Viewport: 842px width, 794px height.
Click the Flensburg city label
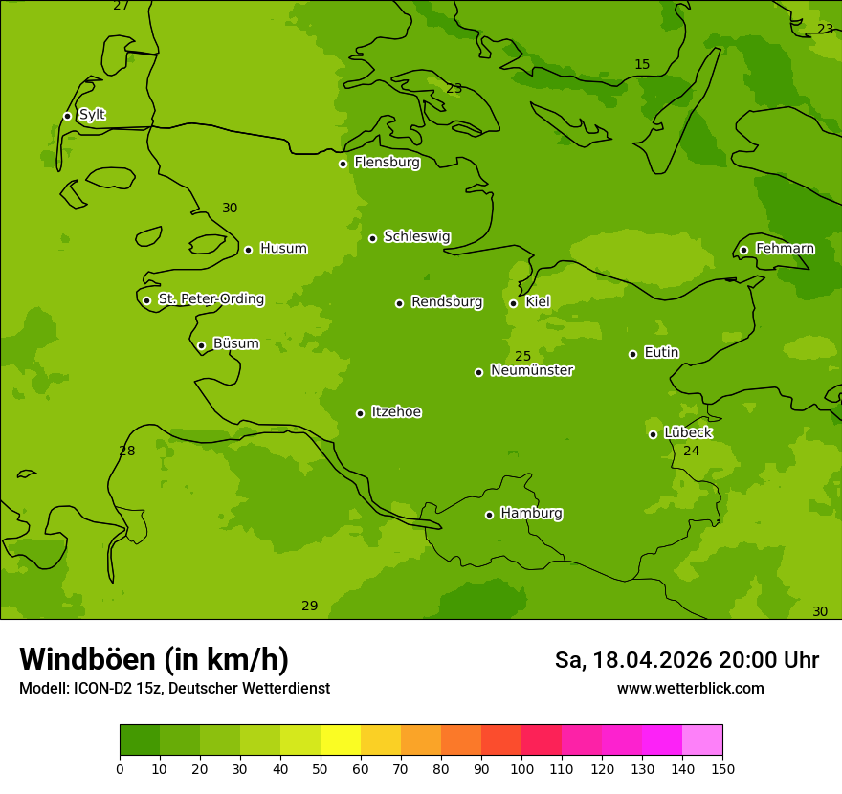(x=387, y=163)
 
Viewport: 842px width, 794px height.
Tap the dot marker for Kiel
(x=513, y=303)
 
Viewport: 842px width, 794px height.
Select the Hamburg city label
(x=531, y=514)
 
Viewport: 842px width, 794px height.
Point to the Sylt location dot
(x=67, y=116)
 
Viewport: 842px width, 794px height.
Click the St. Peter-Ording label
(x=210, y=299)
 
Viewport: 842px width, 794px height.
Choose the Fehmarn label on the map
(x=785, y=249)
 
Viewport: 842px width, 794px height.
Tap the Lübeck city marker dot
(x=653, y=434)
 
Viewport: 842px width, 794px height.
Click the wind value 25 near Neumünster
(x=522, y=357)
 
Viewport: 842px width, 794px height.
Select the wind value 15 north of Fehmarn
(x=642, y=65)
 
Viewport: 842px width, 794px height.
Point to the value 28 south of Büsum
(x=127, y=451)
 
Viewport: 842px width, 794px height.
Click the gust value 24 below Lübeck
(x=691, y=451)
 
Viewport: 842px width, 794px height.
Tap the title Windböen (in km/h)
(x=154, y=659)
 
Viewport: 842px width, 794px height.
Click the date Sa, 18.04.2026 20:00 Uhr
(x=686, y=660)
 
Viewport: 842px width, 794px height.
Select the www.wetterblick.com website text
(x=690, y=689)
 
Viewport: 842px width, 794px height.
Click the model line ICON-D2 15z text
(x=174, y=689)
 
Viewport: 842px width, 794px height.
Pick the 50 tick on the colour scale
(x=321, y=768)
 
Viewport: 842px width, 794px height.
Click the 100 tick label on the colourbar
(x=521, y=768)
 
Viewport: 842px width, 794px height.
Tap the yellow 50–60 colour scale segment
(x=341, y=740)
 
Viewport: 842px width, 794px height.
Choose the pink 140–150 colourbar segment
(x=702, y=740)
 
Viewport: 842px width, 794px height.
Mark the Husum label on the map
(x=283, y=249)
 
